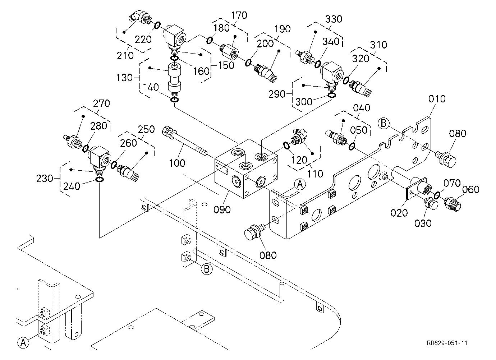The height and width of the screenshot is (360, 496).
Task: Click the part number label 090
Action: tap(222, 209)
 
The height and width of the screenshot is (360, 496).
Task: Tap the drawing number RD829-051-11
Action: tap(447, 343)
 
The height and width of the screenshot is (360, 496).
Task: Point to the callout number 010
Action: tap(437, 99)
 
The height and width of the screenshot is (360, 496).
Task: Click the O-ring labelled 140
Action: tap(175, 100)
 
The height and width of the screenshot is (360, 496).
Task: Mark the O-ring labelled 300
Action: tap(331, 95)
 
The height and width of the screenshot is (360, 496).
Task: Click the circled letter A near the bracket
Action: tap(300, 184)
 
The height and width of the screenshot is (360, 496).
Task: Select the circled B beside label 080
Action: tap(384, 123)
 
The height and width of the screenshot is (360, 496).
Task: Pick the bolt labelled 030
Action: tap(431, 203)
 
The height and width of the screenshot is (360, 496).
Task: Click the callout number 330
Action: tap(334, 19)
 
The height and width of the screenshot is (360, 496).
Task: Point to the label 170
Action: tap(239, 15)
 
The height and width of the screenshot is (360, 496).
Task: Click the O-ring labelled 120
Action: tap(286, 146)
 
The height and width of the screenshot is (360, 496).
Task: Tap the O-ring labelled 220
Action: tap(157, 26)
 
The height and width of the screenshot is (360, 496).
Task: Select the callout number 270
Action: tap(101, 103)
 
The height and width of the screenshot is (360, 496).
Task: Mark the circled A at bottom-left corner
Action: tap(23, 343)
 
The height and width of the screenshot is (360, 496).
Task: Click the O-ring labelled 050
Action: tap(352, 146)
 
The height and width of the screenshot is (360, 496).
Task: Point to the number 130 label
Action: tap(124, 78)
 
